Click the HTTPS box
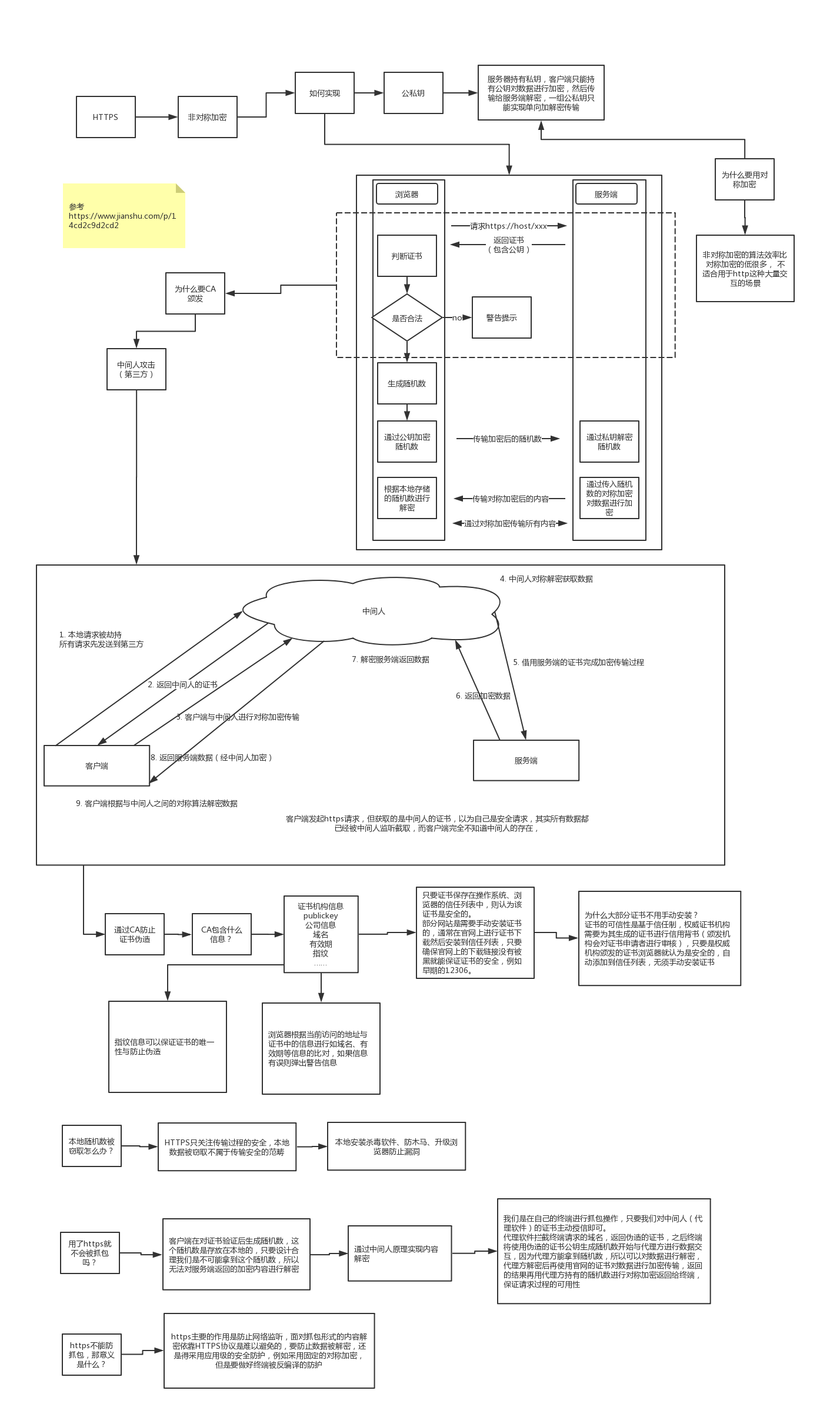106,117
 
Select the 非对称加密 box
207,117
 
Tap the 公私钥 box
413,93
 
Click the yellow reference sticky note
124,216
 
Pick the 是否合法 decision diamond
407,318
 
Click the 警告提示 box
501,317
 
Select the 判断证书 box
407,256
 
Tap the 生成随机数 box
407,383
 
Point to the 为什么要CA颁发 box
195,293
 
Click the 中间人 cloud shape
373,611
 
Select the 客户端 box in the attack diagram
97,766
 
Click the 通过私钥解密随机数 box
609,442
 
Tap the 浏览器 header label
407,194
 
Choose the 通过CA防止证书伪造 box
135,934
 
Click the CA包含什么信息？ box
222,934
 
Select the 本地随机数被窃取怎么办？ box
92,1146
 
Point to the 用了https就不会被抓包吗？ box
90,1253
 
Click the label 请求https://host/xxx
508,226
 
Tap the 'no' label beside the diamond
456,317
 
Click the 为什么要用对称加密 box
744,179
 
